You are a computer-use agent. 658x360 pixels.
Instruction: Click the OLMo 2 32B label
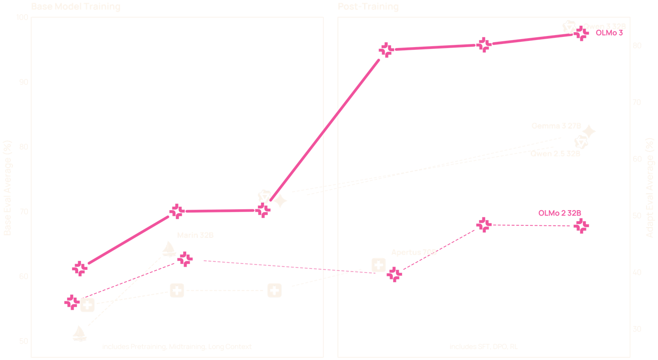pyautogui.click(x=559, y=213)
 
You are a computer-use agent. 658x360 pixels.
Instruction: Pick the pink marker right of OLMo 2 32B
pyautogui.click(x=581, y=226)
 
